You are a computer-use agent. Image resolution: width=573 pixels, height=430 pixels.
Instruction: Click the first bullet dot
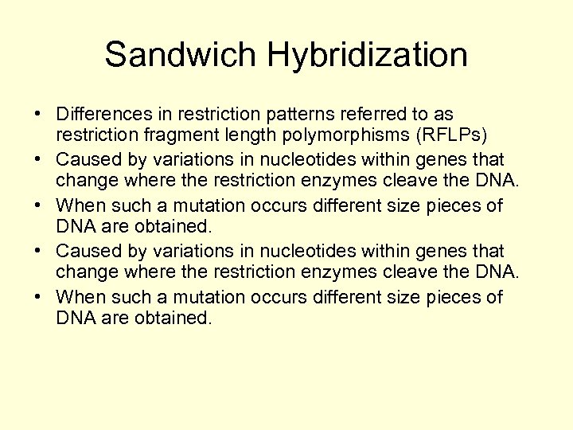[38, 116]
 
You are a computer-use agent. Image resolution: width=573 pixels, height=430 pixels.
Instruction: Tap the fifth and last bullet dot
[38, 298]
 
